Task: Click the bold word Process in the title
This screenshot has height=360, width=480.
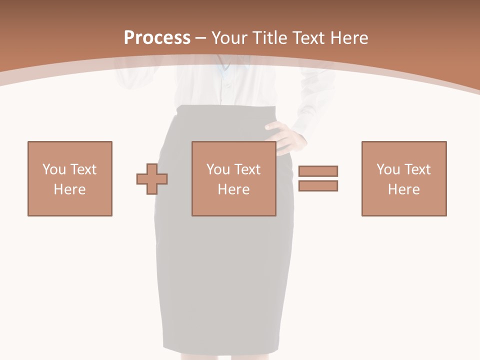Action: (157, 38)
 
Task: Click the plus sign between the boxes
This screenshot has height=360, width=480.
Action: (152, 178)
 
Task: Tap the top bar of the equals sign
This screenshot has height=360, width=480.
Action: (318, 171)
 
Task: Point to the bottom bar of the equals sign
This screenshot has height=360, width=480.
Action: (318, 185)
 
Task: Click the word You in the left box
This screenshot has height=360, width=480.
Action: (54, 169)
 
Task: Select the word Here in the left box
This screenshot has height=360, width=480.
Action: (70, 189)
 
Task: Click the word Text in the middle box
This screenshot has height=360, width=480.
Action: (247, 169)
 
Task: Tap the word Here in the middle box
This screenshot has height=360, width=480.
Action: (234, 189)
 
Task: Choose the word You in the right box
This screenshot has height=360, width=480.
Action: (388, 169)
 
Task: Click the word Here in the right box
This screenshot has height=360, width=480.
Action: (404, 189)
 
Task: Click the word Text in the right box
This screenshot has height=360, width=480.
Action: (417, 169)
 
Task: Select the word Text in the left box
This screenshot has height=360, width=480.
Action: (83, 169)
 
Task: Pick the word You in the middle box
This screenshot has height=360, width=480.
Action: (218, 169)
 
